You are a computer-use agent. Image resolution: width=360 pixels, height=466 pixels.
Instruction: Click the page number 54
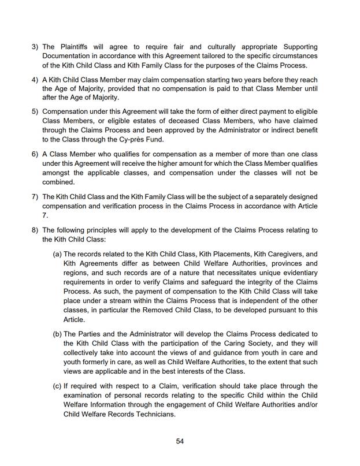[180, 441]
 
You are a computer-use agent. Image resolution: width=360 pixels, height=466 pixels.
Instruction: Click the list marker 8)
[35, 230]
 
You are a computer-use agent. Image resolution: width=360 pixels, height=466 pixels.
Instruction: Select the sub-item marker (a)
[57, 254]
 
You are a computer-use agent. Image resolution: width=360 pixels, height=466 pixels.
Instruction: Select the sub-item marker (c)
[57, 386]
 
